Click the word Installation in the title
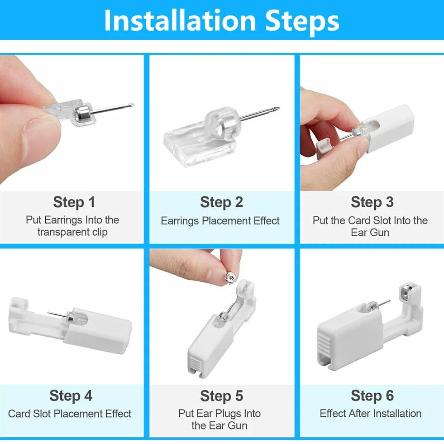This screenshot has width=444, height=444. pyautogui.click(x=180, y=20)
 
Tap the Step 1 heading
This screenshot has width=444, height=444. pyautogui.click(x=74, y=202)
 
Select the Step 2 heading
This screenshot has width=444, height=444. pyautogui.click(x=221, y=202)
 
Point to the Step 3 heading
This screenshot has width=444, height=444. pyautogui.click(x=372, y=202)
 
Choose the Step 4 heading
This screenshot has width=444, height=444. pyautogui.click(x=71, y=396)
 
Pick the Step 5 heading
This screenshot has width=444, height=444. pyautogui.click(x=221, y=396)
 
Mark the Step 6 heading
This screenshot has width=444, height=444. pyautogui.click(x=372, y=396)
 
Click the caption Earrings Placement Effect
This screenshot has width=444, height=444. pyautogui.click(x=220, y=221)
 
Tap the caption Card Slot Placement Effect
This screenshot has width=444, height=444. pyautogui.click(x=70, y=414)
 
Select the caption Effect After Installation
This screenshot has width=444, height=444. pyautogui.click(x=371, y=413)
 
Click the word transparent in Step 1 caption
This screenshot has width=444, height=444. pyautogui.click(x=59, y=232)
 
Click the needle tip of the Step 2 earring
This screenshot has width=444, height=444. pyautogui.click(x=279, y=108)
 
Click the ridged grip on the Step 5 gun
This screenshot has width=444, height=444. pyautogui.click(x=195, y=363)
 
